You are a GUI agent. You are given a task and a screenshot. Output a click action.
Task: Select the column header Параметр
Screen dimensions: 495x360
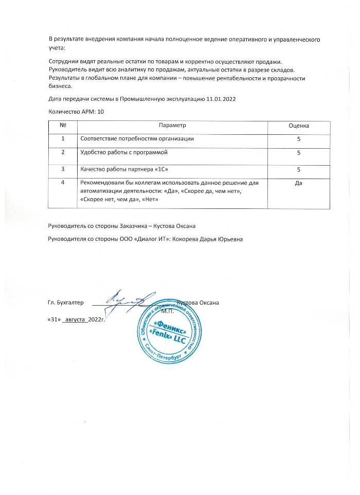pyautogui.click(x=172, y=126)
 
